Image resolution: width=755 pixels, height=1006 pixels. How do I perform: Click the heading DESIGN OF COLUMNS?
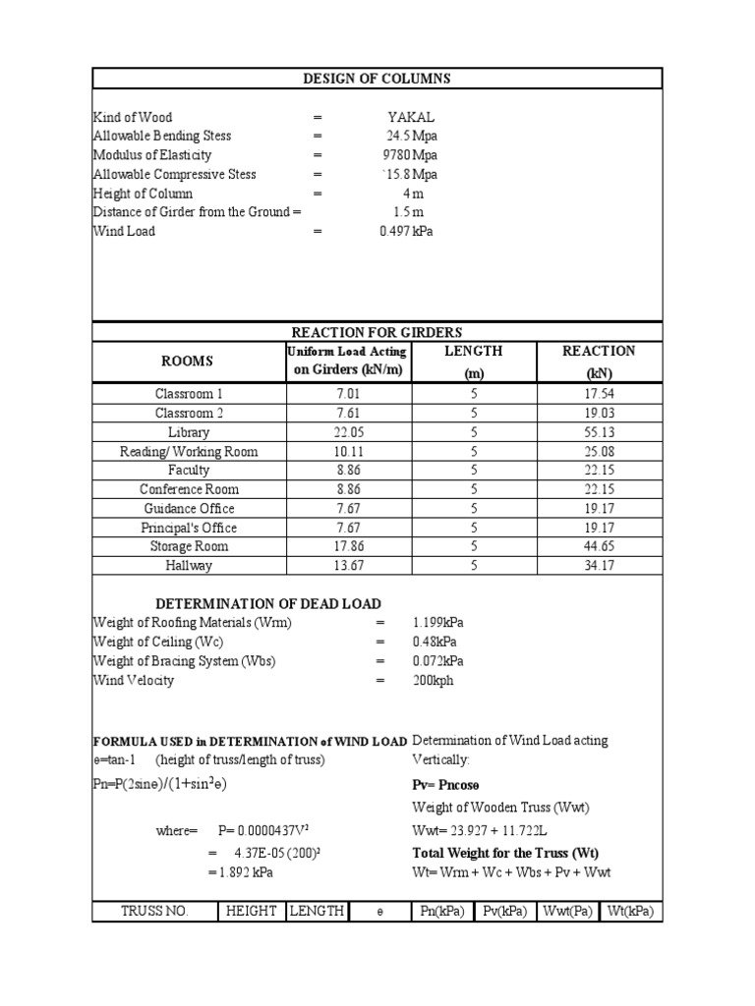click(377, 79)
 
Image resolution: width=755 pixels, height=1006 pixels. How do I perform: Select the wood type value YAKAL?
click(411, 118)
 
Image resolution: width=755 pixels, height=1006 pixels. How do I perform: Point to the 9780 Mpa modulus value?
click(411, 155)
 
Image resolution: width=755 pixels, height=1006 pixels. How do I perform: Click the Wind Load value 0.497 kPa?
click(406, 231)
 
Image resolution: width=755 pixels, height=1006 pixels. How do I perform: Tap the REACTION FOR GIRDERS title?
click(377, 333)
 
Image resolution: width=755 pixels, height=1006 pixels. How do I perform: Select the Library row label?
click(189, 432)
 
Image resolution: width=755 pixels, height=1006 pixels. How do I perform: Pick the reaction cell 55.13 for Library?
click(598, 432)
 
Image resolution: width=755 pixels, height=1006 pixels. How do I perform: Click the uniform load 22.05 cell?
click(349, 432)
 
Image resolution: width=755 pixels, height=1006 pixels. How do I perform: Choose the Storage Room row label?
click(189, 546)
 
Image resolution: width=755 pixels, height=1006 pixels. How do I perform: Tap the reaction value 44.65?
click(598, 546)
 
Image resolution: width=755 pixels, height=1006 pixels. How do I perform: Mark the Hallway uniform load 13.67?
click(349, 566)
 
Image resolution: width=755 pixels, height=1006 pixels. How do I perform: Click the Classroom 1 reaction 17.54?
click(598, 394)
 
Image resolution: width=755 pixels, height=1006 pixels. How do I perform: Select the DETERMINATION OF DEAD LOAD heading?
click(268, 603)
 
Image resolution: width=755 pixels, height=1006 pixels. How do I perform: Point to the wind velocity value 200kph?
click(434, 680)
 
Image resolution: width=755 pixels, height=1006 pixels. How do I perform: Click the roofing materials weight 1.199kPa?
click(438, 623)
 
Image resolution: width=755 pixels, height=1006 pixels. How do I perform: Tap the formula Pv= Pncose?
click(446, 785)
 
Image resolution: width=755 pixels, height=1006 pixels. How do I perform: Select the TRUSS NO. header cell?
click(154, 911)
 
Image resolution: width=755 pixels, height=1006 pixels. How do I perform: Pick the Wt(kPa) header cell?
click(631, 911)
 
